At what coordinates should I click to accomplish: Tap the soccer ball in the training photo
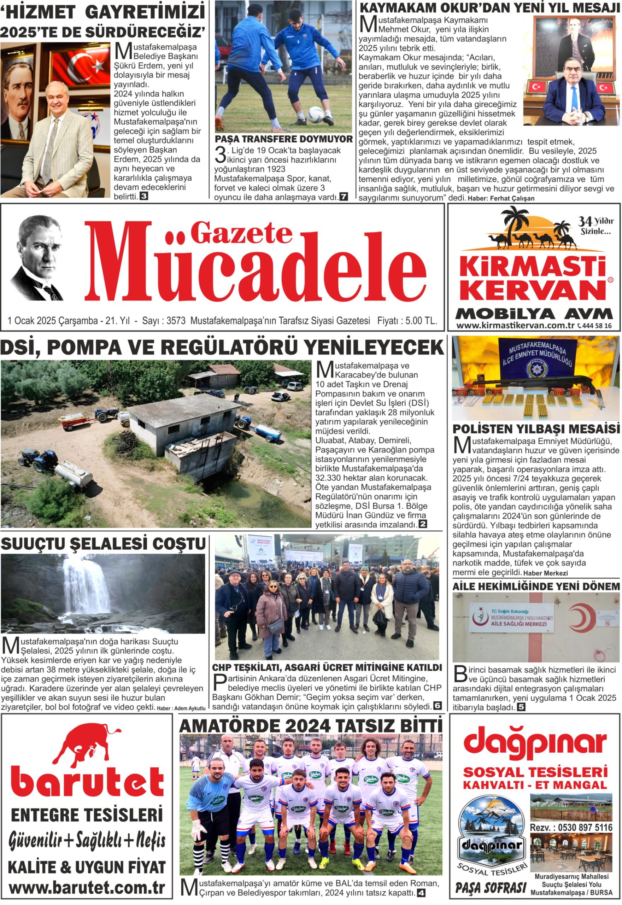click(315, 115)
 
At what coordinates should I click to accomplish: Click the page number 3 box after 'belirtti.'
click(144, 197)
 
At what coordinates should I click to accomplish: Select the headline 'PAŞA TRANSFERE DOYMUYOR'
click(283, 139)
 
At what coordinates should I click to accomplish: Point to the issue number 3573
click(176, 321)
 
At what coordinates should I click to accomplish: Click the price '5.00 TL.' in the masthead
click(421, 321)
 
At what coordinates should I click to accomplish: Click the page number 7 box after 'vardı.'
click(344, 197)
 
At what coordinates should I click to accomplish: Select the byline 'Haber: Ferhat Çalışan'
click(500, 198)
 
